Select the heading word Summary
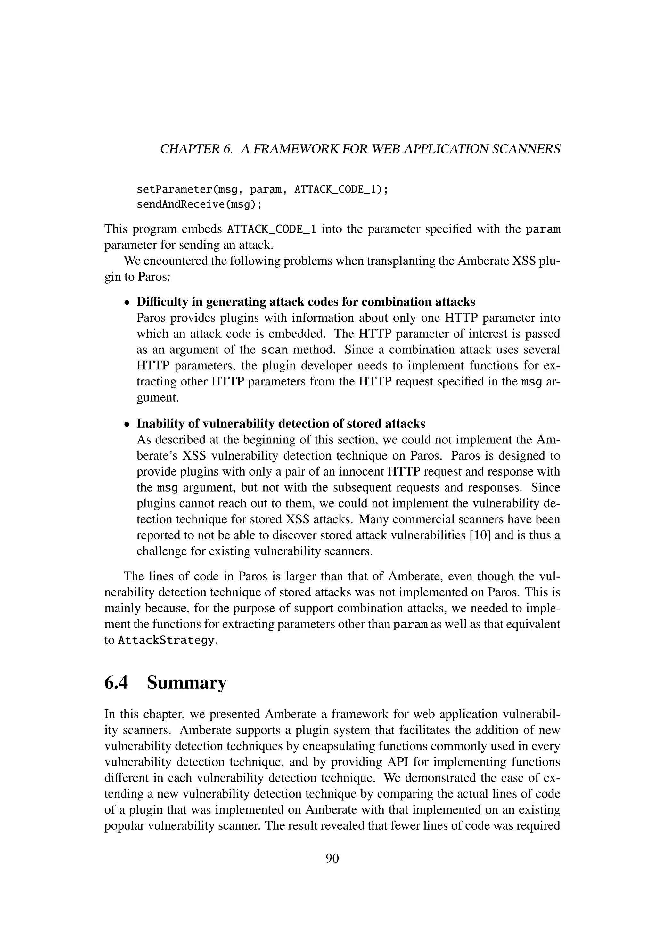click(187, 683)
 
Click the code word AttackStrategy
click(166, 641)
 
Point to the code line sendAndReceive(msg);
click(199, 204)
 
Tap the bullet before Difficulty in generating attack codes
click(127, 302)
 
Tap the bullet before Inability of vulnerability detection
click(127, 424)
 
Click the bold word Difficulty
click(161, 302)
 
